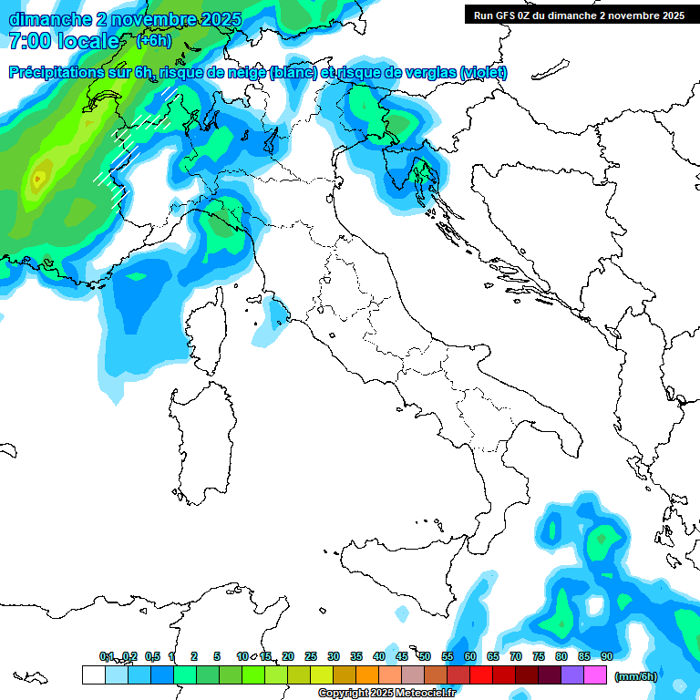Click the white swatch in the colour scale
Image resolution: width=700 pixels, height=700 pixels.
pos(93,675)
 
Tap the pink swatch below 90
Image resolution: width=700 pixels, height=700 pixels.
pos(595,675)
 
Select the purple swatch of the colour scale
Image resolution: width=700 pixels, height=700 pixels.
pos(572,675)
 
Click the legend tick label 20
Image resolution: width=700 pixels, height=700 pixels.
pos(288,656)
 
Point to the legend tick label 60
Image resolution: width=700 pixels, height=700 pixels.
pos(470,656)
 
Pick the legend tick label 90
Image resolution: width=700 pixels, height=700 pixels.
pos(606,656)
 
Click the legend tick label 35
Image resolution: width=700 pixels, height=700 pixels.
pos(356,656)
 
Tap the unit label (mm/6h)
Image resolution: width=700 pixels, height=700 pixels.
pos(636,676)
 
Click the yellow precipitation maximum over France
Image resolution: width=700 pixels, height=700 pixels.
pos(38,179)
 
